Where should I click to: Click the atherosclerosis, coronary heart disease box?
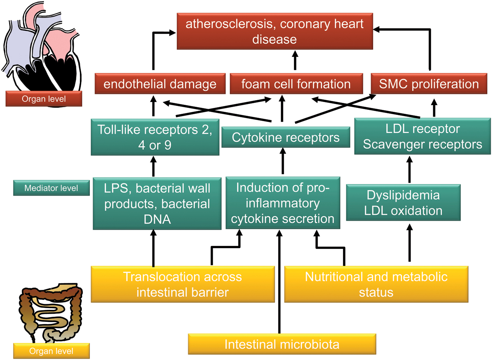[274, 31]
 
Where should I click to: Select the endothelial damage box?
[160, 84]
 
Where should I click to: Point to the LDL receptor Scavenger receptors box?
[422, 136]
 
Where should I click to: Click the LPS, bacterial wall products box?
[155, 203]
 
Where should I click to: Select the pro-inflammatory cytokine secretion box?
[283, 203]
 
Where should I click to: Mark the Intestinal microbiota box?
[282, 344]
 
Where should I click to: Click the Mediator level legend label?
[51, 188]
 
